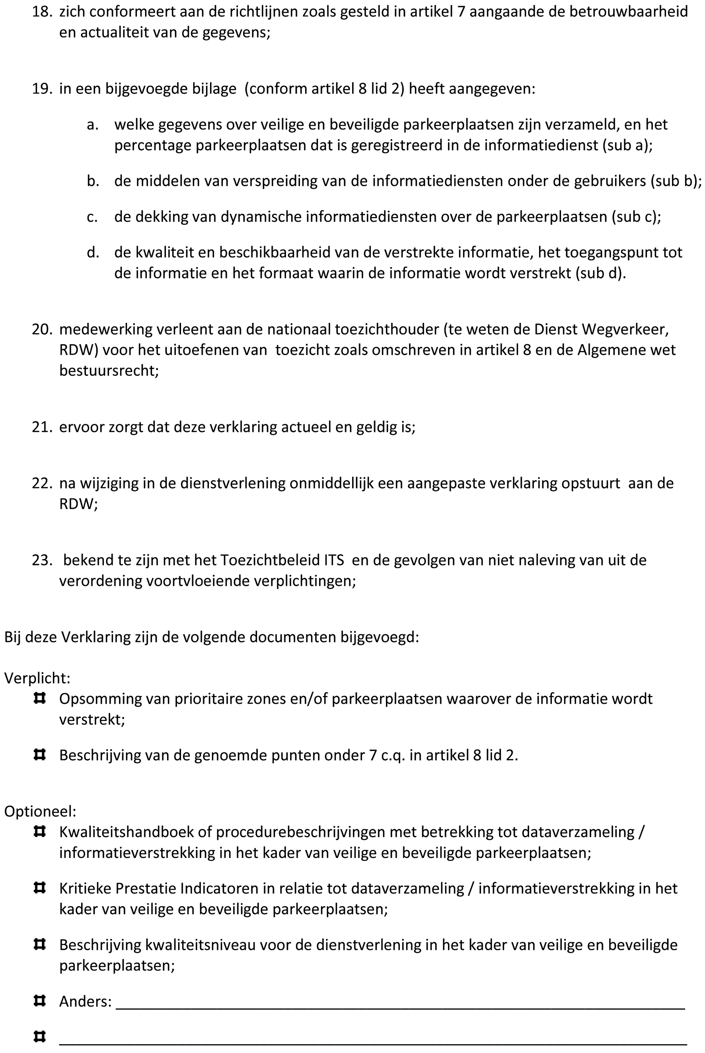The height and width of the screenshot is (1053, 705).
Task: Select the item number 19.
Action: (42, 89)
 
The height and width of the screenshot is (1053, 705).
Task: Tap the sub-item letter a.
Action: (93, 125)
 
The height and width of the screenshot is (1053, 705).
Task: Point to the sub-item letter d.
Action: (93, 253)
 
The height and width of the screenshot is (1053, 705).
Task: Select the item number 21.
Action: (42, 427)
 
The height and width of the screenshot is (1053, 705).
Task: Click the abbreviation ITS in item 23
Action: (334, 561)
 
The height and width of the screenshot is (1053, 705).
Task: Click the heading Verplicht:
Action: (37, 678)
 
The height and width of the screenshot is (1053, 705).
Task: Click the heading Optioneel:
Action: (40, 811)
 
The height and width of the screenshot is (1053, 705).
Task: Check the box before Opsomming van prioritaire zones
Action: (39, 699)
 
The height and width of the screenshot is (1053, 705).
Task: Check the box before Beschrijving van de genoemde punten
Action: (39, 755)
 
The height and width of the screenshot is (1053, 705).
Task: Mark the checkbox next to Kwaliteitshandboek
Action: (39, 832)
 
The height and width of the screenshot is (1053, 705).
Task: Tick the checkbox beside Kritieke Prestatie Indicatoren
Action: (39, 888)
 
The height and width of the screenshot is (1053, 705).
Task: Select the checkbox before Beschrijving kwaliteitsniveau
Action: (39, 944)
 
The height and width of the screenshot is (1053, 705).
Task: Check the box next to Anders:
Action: (39, 1001)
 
